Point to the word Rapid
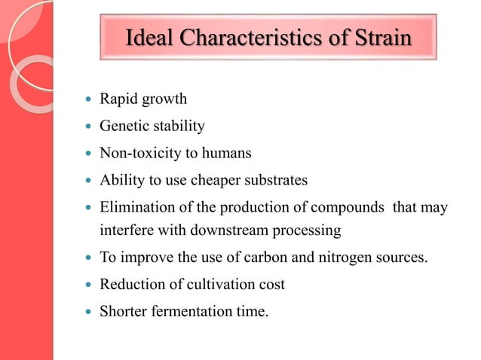tap(119, 99)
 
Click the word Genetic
tap(124, 126)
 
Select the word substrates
tap(277, 180)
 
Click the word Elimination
tap(134, 207)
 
